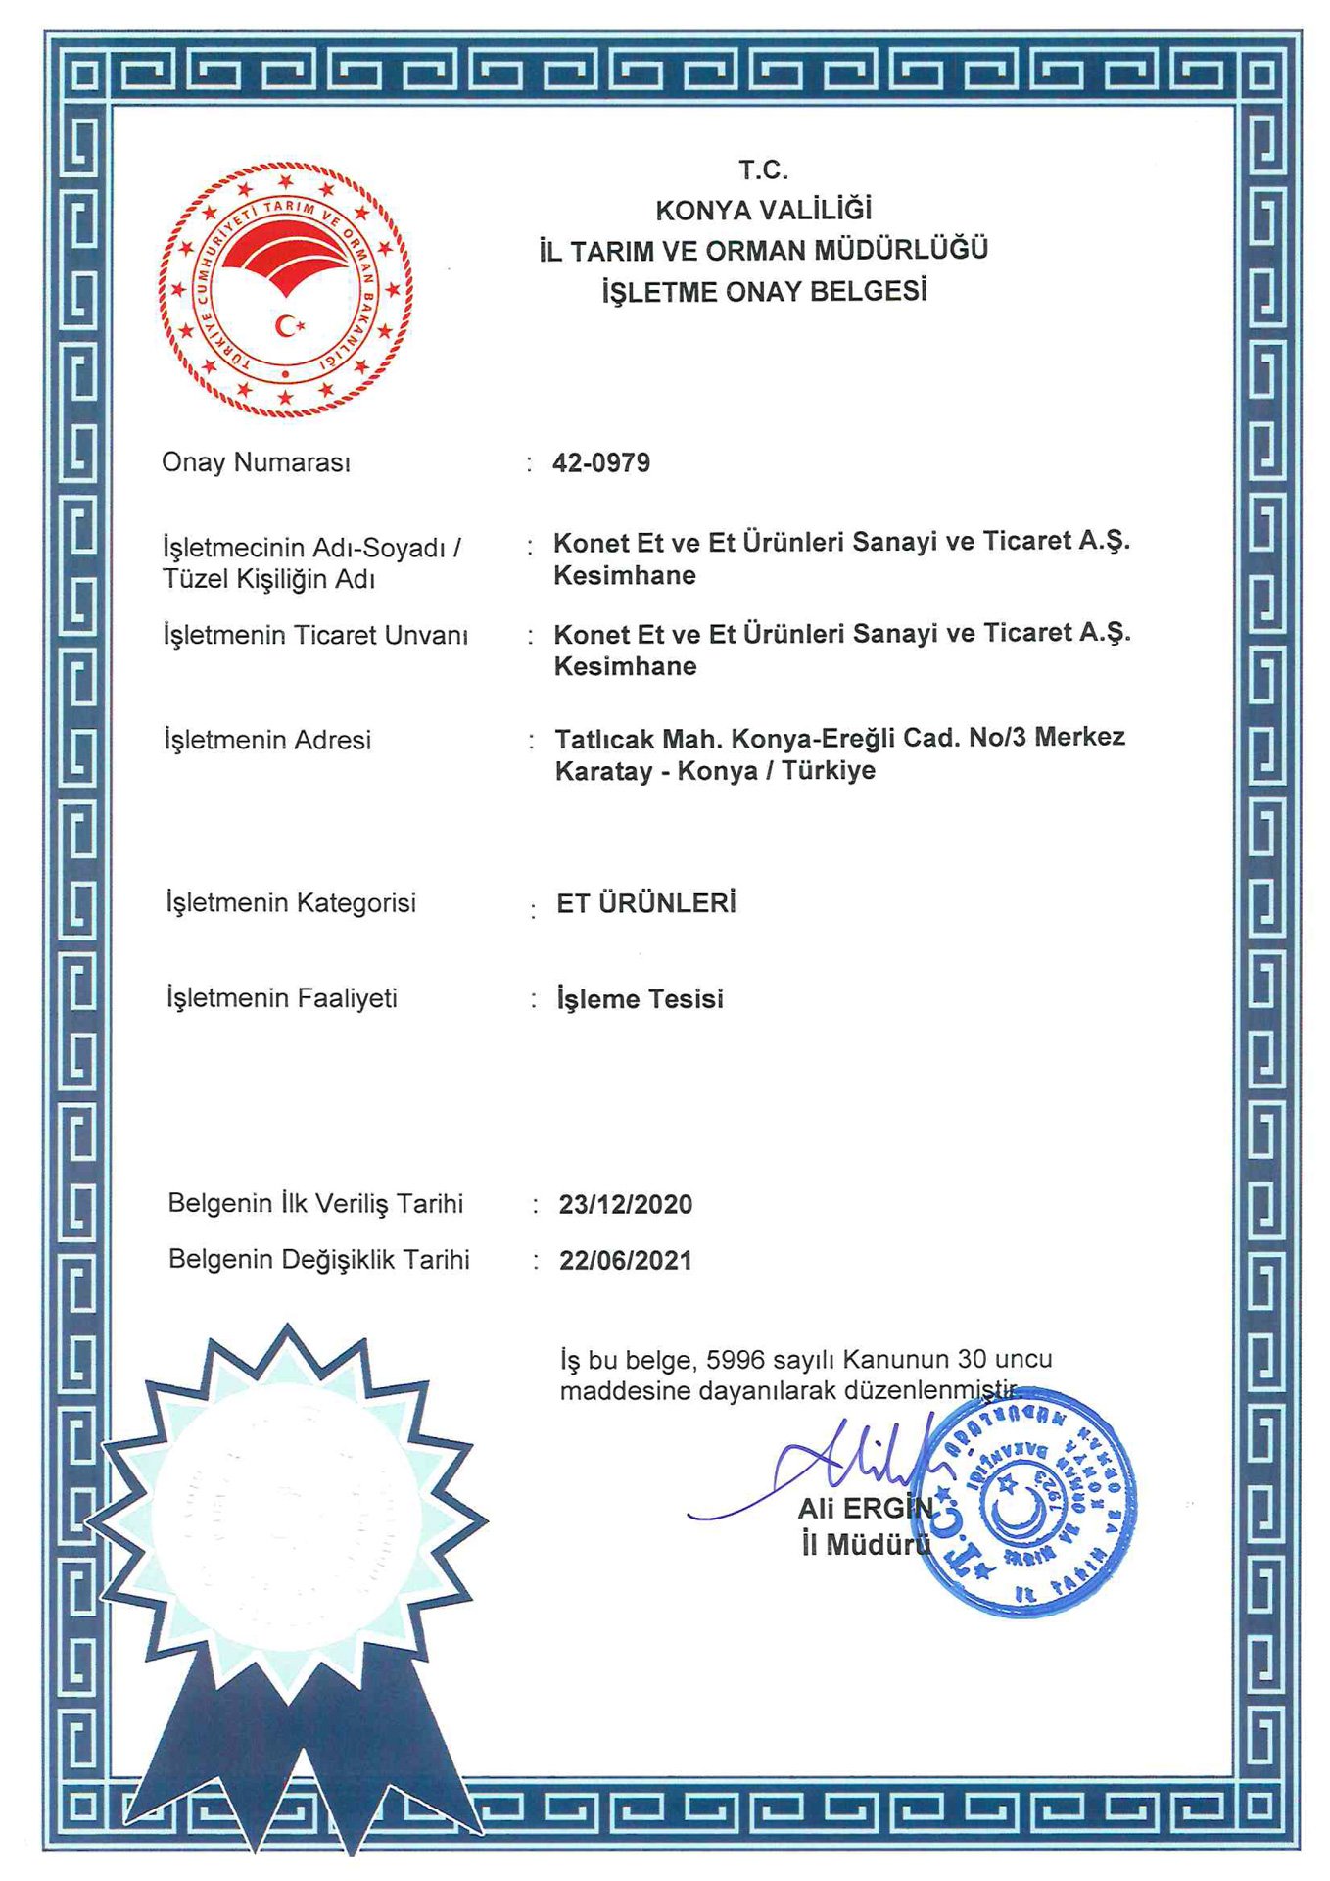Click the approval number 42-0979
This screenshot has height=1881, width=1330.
coord(600,462)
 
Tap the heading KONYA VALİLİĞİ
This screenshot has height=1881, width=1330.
coord(763,210)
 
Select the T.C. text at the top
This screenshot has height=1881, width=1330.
coord(763,170)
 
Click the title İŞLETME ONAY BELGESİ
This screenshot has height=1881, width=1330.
coord(764,291)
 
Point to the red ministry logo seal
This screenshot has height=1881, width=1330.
coord(285,290)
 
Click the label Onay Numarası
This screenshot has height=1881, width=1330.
coord(256,462)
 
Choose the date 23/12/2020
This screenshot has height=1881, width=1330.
coord(625,1204)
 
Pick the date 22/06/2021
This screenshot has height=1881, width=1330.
coord(625,1260)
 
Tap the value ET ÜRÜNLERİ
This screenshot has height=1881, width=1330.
coord(645,903)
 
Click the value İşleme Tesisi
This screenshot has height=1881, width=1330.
coord(640,999)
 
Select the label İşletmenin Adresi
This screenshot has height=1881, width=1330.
coord(267,740)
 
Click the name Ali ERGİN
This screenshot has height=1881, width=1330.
coord(866,1508)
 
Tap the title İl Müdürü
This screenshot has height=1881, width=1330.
coord(866,1545)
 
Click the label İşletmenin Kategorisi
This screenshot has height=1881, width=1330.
coord(291,902)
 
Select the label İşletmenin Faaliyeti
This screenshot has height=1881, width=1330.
coord(282,998)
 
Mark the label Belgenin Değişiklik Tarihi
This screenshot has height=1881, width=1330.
coord(318,1259)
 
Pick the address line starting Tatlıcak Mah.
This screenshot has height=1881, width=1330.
coord(839,737)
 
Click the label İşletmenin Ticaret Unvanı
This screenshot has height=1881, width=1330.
coord(315,635)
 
